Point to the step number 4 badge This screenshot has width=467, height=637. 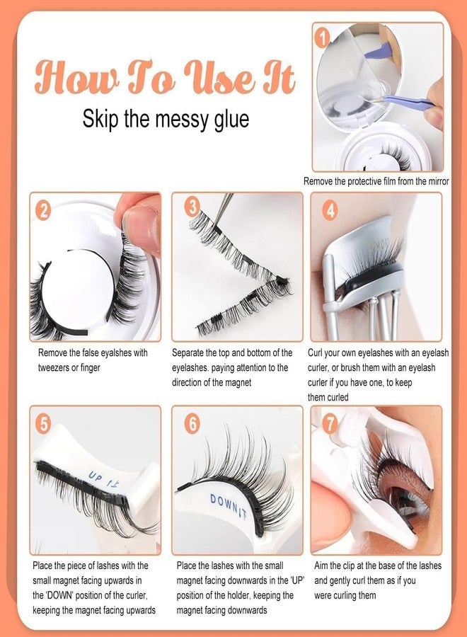[x=329, y=210]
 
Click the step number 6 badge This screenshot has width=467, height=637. [x=192, y=423]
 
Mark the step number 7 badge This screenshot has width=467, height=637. [x=329, y=423]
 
